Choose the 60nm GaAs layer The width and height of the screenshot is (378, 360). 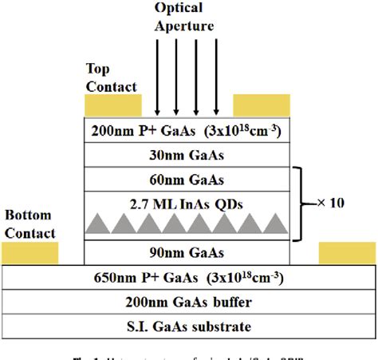pyautogui.click(x=188, y=179)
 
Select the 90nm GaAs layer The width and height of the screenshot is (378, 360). pyautogui.click(x=188, y=253)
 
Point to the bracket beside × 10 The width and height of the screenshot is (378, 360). pyautogui.click(x=301, y=204)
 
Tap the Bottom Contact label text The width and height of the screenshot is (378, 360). pyautogui.click(x=30, y=224)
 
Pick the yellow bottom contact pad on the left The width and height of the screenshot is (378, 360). pyautogui.click(x=30, y=253)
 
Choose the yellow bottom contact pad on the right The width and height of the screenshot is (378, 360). pyautogui.click(x=347, y=253)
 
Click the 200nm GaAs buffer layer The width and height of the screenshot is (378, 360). pyautogui.click(x=188, y=303)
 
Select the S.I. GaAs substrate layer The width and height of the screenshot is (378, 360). pyautogui.click(x=188, y=326)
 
